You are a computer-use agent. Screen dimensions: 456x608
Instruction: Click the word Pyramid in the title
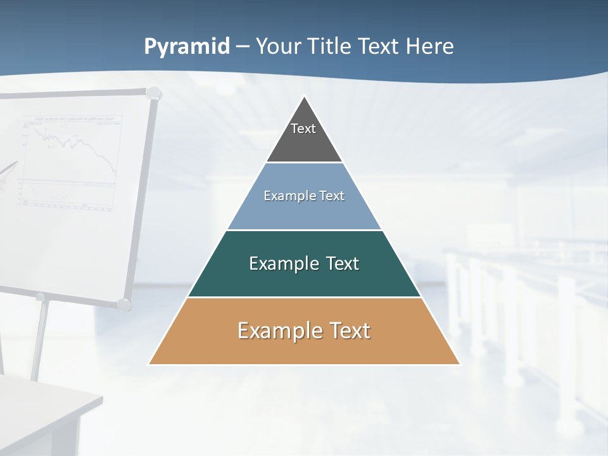tap(187, 47)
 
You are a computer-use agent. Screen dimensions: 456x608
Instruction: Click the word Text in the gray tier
tap(303, 129)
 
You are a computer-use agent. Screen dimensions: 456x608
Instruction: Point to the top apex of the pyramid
tap(305, 97)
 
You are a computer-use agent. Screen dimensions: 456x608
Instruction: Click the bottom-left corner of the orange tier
tap(149, 364)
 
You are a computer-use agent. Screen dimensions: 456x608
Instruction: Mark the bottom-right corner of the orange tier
tap(459, 364)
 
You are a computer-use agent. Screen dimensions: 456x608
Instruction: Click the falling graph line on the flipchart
tap(95, 149)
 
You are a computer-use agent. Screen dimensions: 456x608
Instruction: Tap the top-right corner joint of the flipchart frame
tap(153, 94)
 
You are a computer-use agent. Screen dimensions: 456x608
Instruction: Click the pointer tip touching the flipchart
tap(15, 163)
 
